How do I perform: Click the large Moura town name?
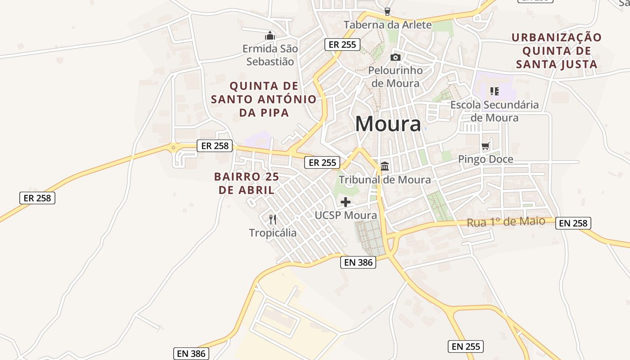click(x=388, y=124)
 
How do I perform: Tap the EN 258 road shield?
click(x=573, y=223)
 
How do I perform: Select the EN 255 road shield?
click(x=466, y=346)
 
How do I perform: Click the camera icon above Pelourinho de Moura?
click(x=396, y=57)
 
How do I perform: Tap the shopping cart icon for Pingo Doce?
click(x=486, y=146)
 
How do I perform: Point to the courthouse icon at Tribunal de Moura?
click(x=385, y=166)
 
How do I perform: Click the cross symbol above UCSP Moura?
click(x=346, y=202)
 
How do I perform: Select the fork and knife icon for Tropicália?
click(x=273, y=220)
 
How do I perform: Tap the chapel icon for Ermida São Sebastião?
click(x=270, y=36)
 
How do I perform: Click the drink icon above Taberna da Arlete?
click(x=387, y=12)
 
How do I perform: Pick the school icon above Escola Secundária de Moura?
click(x=495, y=91)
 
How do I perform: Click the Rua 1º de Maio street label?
click(x=506, y=222)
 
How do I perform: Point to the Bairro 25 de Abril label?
click(x=247, y=183)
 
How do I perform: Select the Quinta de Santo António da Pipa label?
click(x=264, y=99)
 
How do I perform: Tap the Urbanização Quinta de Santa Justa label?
click(x=557, y=51)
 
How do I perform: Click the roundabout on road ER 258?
click(x=173, y=147)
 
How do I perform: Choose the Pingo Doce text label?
click(x=486, y=159)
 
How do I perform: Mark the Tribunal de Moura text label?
click(x=385, y=180)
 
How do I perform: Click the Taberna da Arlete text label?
click(x=387, y=25)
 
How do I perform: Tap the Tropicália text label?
click(x=273, y=233)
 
